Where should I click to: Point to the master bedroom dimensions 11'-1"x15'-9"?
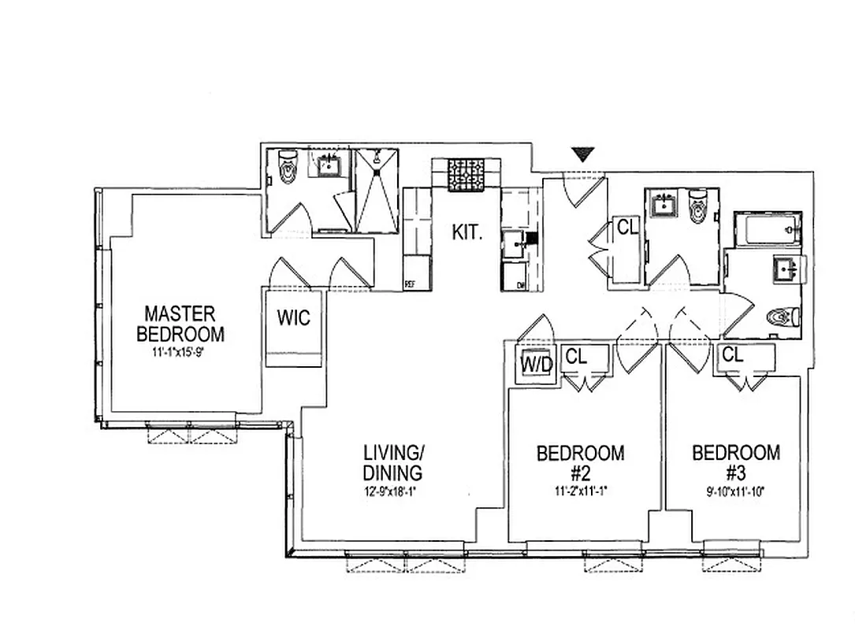[x=183, y=353]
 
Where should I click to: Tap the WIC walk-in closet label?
[x=293, y=319]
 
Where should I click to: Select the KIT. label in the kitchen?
[x=467, y=232]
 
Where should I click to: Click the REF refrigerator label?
[x=410, y=285]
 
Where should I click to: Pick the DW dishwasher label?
[x=521, y=286]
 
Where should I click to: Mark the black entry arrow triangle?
[x=582, y=155]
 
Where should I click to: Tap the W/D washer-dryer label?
[x=536, y=364]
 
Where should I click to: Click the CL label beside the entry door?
[x=627, y=228]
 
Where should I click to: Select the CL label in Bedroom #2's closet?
[x=576, y=357]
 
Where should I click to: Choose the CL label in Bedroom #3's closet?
[x=732, y=355]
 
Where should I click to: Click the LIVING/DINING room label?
[x=393, y=463]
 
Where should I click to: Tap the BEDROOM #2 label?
[x=580, y=463]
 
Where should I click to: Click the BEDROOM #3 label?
[x=736, y=463]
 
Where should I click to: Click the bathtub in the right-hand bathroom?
[x=767, y=229]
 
